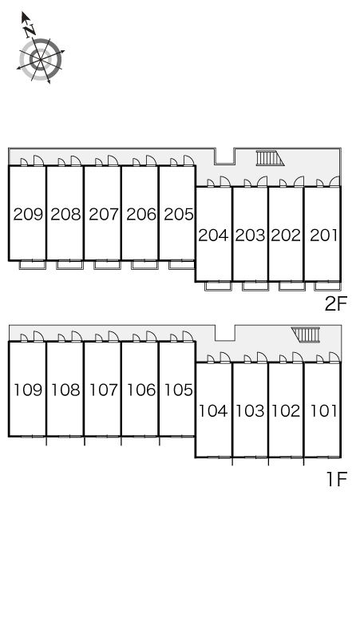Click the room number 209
(x=28, y=214)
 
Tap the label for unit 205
(x=180, y=214)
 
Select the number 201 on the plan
(x=324, y=236)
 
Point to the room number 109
(x=28, y=390)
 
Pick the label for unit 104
(x=213, y=411)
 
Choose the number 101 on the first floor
(x=324, y=411)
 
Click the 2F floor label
(x=335, y=303)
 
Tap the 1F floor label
(x=336, y=479)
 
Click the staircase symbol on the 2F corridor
(x=270, y=158)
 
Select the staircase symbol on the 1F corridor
(x=306, y=335)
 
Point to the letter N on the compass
(x=30, y=30)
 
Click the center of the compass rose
(x=41, y=59)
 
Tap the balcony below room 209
(x=33, y=264)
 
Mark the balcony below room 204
(x=218, y=286)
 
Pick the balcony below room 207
(x=107, y=264)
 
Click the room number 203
(x=250, y=236)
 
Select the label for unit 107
(x=104, y=390)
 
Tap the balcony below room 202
(x=292, y=286)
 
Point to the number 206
(x=141, y=214)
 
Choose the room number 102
(x=286, y=411)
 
